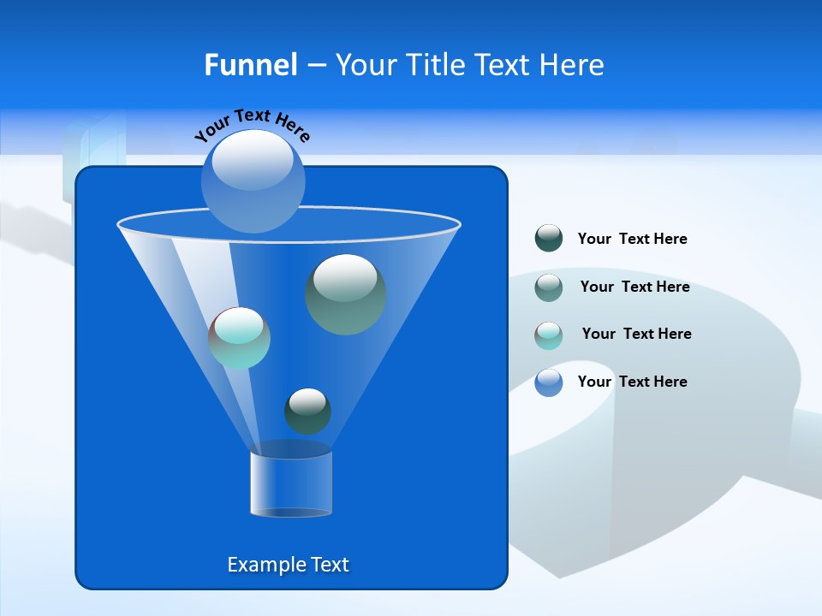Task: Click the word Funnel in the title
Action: click(250, 65)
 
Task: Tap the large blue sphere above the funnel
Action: click(253, 181)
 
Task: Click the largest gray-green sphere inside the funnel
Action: click(345, 294)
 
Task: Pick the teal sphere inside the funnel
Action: click(240, 338)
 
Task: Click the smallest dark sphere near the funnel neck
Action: click(307, 412)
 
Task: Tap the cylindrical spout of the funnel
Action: click(291, 483)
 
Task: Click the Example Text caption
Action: click(288, 565)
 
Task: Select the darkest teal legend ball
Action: click(549, 238)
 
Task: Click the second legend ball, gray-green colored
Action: click(549, 287)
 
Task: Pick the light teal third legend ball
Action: click(549, 335)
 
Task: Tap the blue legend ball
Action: click(549, 382)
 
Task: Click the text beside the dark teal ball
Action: click(632, 239)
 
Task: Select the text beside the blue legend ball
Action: click(632, 382)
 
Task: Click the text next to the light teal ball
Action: click(636, 334)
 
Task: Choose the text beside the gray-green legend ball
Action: click(634, 287)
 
